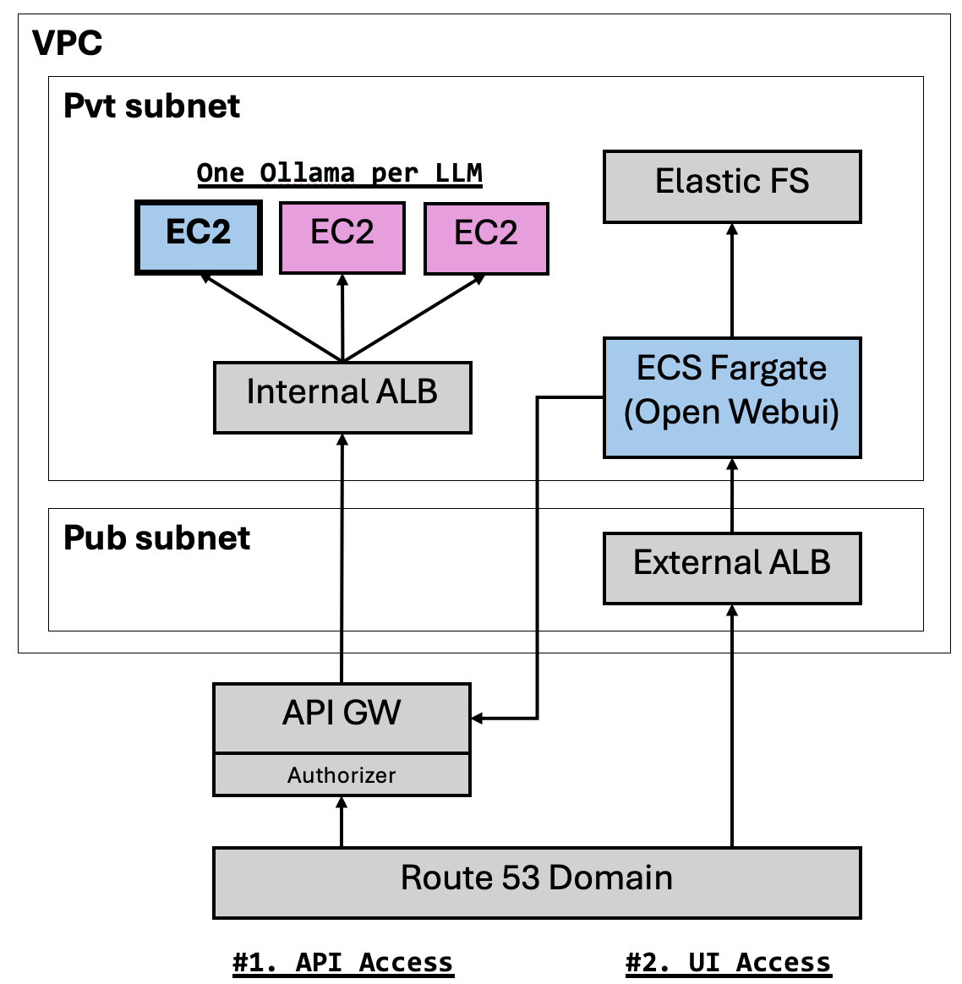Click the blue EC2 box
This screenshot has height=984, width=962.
click(x=199, y=238)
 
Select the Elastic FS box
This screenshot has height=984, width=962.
click(x=732, y=187)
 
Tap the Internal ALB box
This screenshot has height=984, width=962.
click(x=342, y=398)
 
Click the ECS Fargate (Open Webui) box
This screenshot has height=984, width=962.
click(x=732, y=398)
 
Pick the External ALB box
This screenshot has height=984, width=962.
click(x=732, y=569)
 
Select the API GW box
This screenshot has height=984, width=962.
click(x=342, y=718)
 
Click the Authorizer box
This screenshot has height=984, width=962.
click(x=342, y=775)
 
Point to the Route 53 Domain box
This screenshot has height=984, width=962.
click(x=537, y=883)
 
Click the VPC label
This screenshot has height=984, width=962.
click(x=67, y=43)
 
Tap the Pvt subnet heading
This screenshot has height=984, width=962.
click(x=152, y=106)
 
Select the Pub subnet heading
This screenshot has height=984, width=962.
click(x=157, y=538)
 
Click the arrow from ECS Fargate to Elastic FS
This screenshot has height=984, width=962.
click(x=732, y=281)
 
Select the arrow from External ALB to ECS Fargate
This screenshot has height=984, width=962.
click(x=732, y=495)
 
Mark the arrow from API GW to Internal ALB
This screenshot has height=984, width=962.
click(x=342, y=559)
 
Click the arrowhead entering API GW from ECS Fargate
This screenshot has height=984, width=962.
click(x=477, y=718)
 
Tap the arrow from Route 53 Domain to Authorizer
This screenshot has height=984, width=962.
click(x=342, y=822)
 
